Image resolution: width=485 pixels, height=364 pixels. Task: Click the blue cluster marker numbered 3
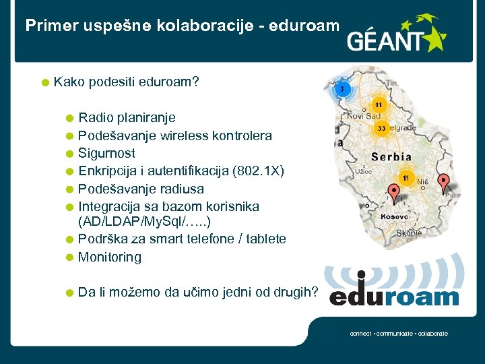coord(342,90)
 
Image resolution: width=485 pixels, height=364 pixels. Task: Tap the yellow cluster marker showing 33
coord(381,128)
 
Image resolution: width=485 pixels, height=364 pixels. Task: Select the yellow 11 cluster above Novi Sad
coord(379,104)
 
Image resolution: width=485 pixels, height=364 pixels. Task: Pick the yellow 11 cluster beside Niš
coord(406,177)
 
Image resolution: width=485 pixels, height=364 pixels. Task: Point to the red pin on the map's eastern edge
coord(443,182)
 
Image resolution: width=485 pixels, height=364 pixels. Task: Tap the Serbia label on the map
coord(391,156)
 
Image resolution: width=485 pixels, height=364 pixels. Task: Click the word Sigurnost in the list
coord(106,153)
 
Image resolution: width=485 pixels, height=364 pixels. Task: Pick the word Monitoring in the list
coord(110,257)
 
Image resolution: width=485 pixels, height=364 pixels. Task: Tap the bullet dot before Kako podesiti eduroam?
coord(44,84)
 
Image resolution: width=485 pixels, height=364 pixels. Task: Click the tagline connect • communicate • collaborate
coord(399,334)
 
